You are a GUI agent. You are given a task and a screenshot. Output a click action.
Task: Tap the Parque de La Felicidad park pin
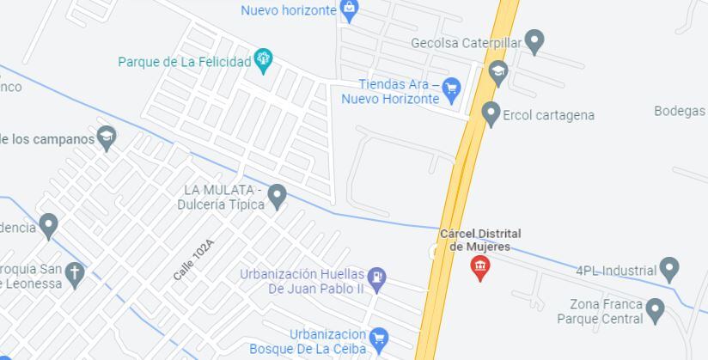pyautogui.click(x=264, y=61)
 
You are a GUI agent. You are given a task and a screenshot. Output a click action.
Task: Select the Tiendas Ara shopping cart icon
pyautogui.click(x=452, y=87)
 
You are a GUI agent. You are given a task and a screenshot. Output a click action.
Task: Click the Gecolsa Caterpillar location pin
pyautogui.click(x=534, y=40)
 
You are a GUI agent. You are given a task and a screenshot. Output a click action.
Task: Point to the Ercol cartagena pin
pyautogui.click(x=491, y=113)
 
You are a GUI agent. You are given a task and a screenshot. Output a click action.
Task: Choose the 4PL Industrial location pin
pyautogui.click(x=669, y=269)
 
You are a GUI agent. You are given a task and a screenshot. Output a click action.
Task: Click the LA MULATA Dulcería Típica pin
pyautogui.click(x=277, y=196)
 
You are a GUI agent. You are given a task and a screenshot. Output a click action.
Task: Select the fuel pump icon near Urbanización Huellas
pyautogui.click(x=377, y=278)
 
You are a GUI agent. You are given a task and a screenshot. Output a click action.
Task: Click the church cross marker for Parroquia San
pyautogui.click(x=75, y=273)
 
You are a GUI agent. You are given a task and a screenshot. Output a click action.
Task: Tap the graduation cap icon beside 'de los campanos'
pyautogui.click(x=107, y=137)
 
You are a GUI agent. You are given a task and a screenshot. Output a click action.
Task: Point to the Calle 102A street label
pyautogui.click(x=192, y=259)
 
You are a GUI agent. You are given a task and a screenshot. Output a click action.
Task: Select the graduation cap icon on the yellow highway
pyautogui.click(x=497, y=71)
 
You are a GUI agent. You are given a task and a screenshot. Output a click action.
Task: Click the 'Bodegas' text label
pyautogui.click(x=680, y=111)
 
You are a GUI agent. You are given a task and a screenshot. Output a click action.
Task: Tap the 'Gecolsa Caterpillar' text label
pyautogui.click(x=466, y=43)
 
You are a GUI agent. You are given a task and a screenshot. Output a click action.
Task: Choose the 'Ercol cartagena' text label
pyautogui.click(x=548, y=115)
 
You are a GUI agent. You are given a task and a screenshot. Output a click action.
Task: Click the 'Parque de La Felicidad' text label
pyautogui.click(x=185, y=62)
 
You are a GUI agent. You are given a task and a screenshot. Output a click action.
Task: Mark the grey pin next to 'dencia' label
pyautogui.click(x=49, y=226)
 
